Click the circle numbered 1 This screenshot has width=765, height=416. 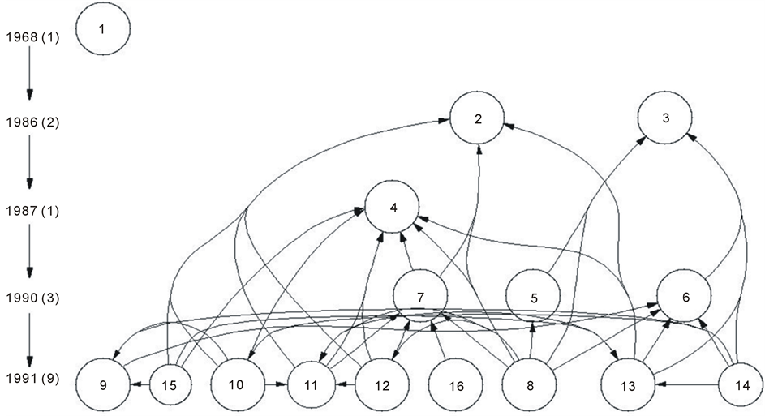point(102,30)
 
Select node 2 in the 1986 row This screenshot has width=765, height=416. point(478,118)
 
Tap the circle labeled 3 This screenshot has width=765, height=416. point(665,118)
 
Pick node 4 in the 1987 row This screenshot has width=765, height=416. point(393,208)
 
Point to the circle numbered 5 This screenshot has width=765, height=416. point(533,298)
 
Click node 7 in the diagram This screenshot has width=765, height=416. point(420,297)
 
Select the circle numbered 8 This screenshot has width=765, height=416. point(530,385)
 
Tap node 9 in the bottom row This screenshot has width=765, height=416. point(103,385)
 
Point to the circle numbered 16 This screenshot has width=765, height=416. point(456,385)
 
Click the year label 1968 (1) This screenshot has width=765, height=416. point(32,37)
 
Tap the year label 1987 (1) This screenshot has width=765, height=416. point(32,211)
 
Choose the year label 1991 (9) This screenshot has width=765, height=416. point(32,379)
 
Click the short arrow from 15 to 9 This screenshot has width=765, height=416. point(140,385)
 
